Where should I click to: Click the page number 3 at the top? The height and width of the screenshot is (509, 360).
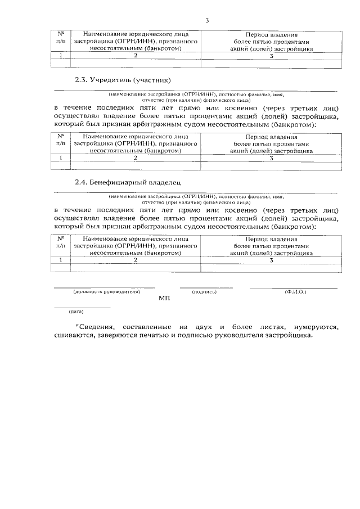(207, 21)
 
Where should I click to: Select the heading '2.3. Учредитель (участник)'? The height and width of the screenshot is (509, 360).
(122, 79)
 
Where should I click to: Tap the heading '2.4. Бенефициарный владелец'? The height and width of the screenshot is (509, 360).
(129, 182)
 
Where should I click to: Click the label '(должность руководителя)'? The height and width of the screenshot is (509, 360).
(106, 292)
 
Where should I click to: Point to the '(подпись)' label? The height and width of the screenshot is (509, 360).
(204, 292)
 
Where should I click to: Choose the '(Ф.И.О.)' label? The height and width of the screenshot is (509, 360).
(295, 292)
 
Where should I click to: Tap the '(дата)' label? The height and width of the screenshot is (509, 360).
(76, 311)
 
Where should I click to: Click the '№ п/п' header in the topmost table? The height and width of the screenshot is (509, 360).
(61, 38)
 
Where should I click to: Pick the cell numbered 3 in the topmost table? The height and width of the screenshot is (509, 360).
(271, 56)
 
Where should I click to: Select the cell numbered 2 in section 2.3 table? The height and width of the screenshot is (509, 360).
(136, 158)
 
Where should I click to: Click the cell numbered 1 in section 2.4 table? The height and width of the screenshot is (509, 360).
(61, 261)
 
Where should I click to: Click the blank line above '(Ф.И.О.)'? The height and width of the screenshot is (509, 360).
(294, 288)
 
